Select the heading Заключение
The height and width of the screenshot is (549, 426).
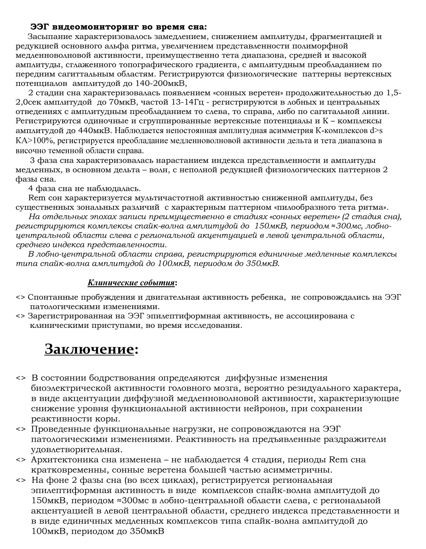pyautogui.click(x=89, y=349)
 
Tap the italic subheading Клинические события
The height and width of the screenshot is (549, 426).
pyautogui.click(x=131, y=283)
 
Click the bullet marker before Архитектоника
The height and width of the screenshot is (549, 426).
pyautogui.click(x=21, y=460)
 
